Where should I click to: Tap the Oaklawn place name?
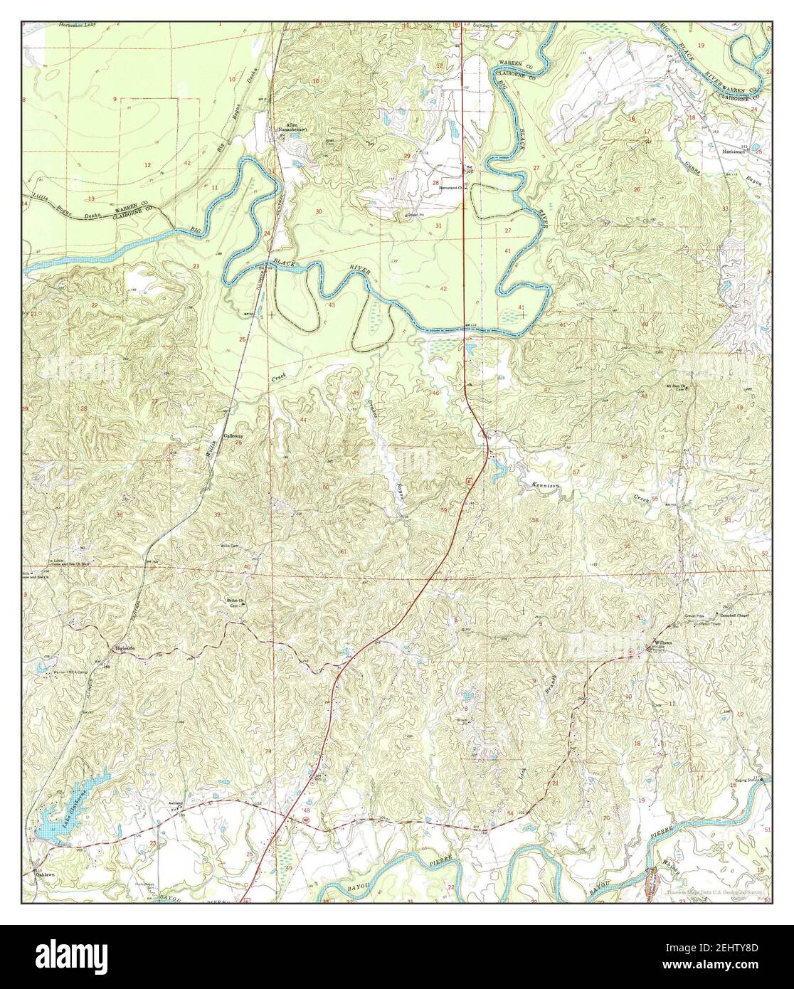(47, 874)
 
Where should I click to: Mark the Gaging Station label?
(750, 779)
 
